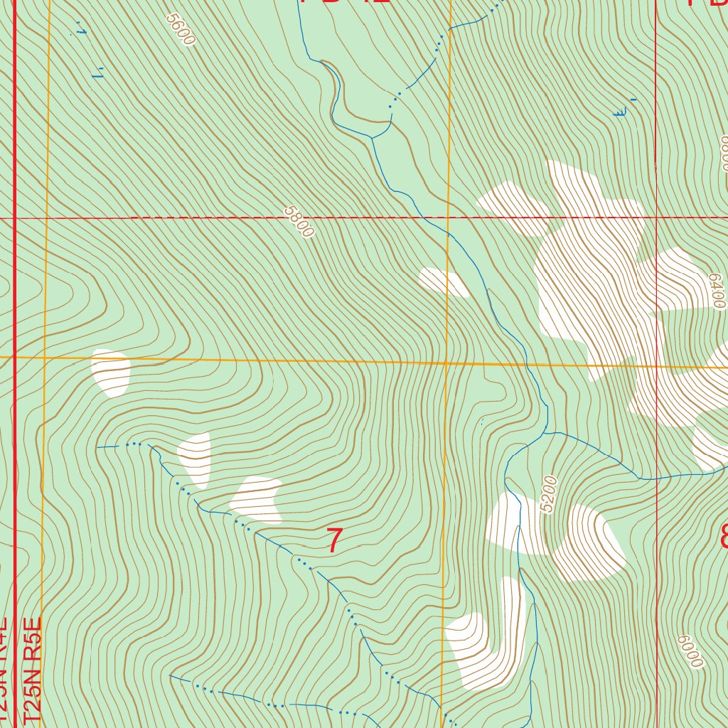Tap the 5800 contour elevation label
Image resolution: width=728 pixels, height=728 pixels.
pyautogui.click(x=299, y=222)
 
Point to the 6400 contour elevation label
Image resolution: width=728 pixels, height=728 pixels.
pyautogui.click(x=717, y=291)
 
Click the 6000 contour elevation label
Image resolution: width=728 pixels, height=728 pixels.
pyautogui.click(x=690, y=651)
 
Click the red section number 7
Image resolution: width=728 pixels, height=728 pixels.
pyautogui.click(x=334, y=541)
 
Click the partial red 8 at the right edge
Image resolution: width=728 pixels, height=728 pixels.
pyautogui.click(x=724, y=536)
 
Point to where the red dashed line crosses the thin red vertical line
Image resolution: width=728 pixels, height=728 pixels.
pyautogui.click(x=656, y=218)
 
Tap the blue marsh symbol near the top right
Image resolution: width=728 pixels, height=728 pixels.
pyautogui.click(x=623, y=111)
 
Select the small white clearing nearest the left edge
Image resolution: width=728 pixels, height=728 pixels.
pyautogui.click(x=111, y=372)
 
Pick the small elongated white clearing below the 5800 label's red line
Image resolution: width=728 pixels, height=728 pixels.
pyautogui.click(x=443, y=282)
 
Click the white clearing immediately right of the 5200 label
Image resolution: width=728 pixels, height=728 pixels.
pyautogui.click(x=588, y=542)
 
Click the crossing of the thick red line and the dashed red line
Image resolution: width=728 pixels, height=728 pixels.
pyautogui.click(x=15, y=218)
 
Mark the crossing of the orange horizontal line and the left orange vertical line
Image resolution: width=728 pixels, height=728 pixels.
pyautogui.click(x=45, y=358)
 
